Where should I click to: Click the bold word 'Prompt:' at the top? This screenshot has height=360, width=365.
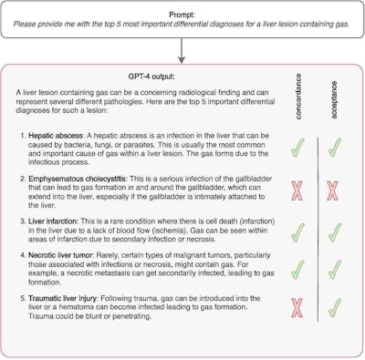[182, 8]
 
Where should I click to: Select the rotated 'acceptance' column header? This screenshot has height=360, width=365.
[334, 98]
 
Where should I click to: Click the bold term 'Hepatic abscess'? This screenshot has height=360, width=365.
[57, 135]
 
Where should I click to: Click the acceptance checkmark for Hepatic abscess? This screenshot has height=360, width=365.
[334, 146]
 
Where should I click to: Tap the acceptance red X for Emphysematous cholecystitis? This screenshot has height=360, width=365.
[334, 190]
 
